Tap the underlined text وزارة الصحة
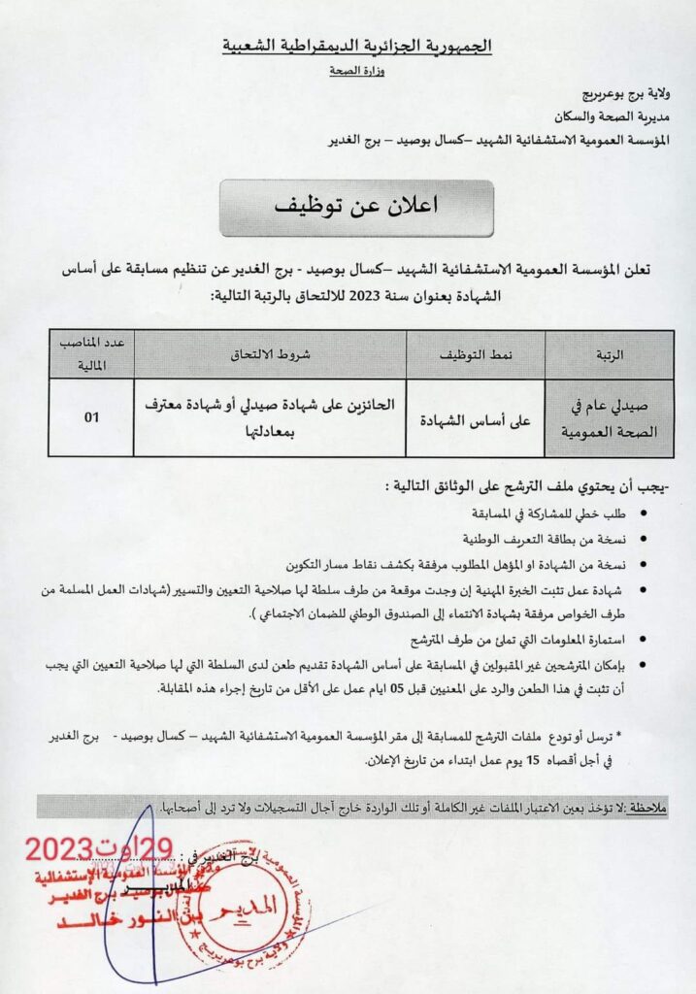[x=355, y=72]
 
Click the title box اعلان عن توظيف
[x=356, y=207]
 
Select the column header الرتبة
[x=609, y=355]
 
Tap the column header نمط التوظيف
[x=476, y=355]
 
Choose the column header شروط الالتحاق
[x=270, y=355]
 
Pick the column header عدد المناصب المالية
[x=90, y=355]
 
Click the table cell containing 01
[x=90, y=418]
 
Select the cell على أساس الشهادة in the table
[x=475, y=419]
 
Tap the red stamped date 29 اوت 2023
[x=96, y=850]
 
